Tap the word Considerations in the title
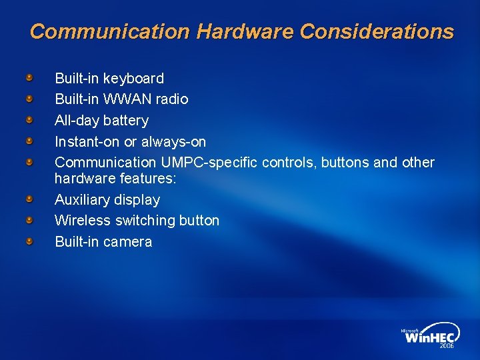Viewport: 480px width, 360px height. [x=377, y=31]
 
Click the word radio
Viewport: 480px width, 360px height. [x=171, y=99]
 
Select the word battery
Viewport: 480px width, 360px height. [x=126, y=121]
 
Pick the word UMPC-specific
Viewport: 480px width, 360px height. [x=209, y=163]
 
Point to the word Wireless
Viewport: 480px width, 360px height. [x=83, y=221]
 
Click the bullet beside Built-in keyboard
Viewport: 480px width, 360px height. [x=29, y=79]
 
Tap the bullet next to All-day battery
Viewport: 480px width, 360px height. [x=29, y=121]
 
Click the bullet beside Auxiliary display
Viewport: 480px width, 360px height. [x=29, y=199]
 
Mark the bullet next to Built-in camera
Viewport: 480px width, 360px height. [x=29, y=241]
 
